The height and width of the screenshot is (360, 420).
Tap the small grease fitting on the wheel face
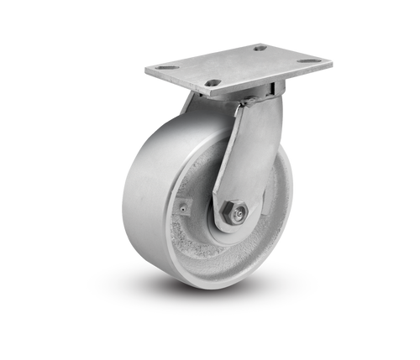point(184,203)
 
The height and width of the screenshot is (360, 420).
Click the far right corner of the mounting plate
point(333,60)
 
